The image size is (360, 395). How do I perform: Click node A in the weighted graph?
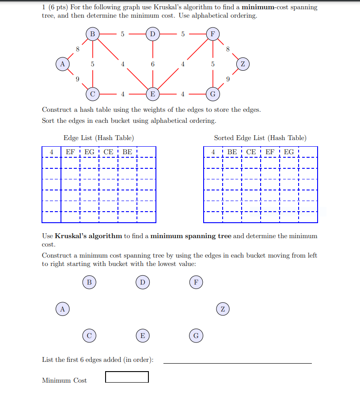point(62,64)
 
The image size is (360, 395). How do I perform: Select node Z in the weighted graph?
point(243,64)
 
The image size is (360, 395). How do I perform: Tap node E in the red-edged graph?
point(152,94)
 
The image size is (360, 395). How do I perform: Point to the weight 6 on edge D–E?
point(152,64)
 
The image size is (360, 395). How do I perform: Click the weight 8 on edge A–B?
point(77,49)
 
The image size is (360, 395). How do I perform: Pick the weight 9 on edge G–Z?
point(227,79)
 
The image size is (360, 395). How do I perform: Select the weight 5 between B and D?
point(122,34)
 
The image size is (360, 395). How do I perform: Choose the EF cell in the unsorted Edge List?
point(70,152)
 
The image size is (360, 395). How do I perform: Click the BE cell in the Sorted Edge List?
point(232,152)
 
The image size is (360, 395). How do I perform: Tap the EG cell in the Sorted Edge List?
point(289,152)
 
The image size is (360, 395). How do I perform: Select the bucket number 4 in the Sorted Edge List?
point(213,152)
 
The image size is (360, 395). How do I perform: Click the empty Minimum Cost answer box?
point(127,377)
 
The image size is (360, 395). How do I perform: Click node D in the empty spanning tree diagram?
point(142,282)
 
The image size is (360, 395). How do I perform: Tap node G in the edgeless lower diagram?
point(196,336)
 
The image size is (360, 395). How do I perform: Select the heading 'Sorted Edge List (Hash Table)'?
point(260,138)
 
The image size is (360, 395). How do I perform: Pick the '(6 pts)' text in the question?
point(57,7)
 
